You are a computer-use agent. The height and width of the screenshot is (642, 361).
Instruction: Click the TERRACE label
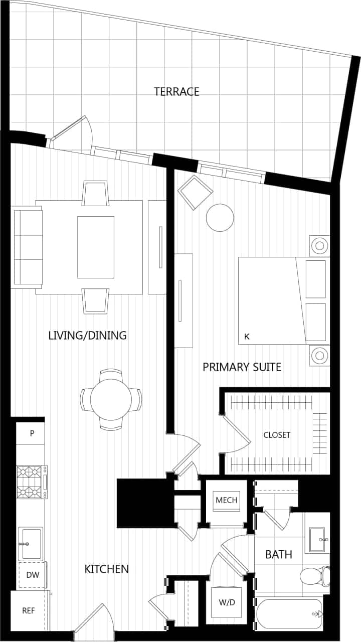(x=176, y=92)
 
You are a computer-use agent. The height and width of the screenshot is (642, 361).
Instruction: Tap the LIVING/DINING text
(x=87, y=336)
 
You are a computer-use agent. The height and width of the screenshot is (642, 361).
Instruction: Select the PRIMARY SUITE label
(x=242, y=367)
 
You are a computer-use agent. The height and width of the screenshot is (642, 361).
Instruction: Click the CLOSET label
(x=277, y=435)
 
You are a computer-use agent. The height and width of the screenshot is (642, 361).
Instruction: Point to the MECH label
(x=226, y=500)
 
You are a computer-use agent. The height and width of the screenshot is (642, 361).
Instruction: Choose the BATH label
(x=279, y=555)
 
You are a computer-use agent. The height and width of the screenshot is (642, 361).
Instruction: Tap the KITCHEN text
(x=106, y=569)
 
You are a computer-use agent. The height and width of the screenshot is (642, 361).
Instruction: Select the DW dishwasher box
(x=32, y=575)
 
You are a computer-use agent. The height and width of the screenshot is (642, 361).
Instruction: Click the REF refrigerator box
(x=28, y=611)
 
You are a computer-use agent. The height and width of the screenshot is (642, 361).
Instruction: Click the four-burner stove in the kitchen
(x=30, y=482)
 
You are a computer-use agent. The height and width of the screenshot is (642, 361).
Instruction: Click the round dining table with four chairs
(x=111, y=400)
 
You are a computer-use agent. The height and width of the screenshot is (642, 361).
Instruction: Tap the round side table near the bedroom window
(x=220, y=218)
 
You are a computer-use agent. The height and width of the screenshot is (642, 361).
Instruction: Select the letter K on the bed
(x=246, y=337)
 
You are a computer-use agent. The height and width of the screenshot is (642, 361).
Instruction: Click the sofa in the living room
(x=28, y=248)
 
